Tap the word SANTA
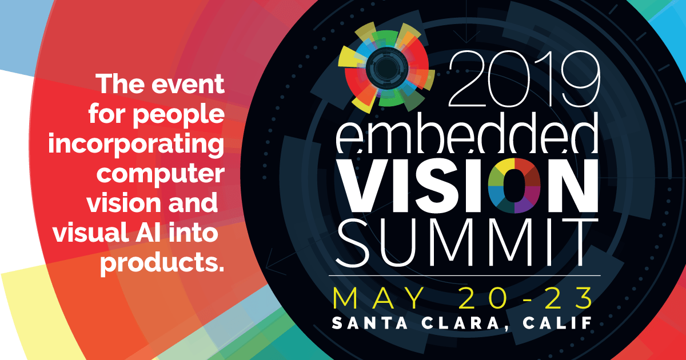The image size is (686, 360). (365, 322)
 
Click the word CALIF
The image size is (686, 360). (555, 322)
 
